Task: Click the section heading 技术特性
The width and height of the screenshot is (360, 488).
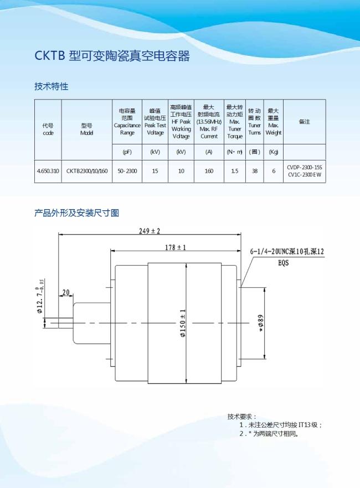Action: tap(51, 86)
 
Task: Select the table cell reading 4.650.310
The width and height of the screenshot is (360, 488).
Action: tap(48, 172)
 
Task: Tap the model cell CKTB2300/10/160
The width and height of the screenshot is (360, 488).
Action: tap(86, 172)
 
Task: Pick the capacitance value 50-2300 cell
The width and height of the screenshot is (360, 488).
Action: tap(127, 172)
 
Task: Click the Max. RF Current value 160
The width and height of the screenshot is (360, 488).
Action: tap(209, 172)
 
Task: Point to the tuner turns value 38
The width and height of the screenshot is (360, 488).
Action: tap(254, 172)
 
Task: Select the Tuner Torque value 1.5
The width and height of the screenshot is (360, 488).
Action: tap(235, 172)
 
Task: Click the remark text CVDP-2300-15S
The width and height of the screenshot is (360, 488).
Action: tap(304, 167)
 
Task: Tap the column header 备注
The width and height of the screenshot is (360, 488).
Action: tap(304, 122)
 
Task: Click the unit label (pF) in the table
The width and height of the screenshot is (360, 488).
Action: tap(127, 152)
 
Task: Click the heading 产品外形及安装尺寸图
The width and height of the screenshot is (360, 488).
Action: tap(77, 212)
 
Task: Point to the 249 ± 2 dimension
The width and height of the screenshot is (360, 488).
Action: tap(150, 231)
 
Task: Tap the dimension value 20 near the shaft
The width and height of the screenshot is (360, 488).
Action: tap(66, 292)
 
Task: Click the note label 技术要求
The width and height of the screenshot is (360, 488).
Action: tap(242, 416)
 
